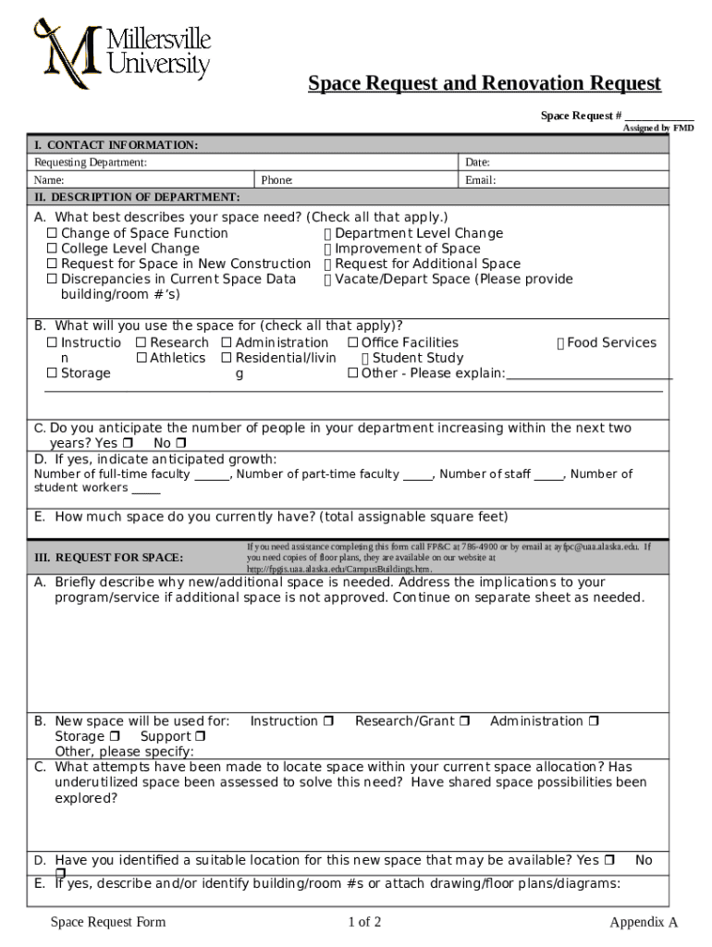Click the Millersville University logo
pos(123,53)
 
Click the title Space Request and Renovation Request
pos(485,84)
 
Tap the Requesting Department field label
pos(91,163)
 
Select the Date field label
pos(477,163)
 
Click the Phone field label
pos(276,180)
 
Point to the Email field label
pos(480,180)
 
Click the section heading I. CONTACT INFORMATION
pos(117,145)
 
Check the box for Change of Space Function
pos(53,234)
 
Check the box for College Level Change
pos(53,249)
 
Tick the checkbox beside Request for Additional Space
pos(328,264)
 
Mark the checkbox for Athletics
pos(141,358)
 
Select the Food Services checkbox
pos(560,343)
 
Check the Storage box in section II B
pos(53,374)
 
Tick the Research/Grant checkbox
pos(464,721)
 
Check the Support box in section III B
pos(200,737)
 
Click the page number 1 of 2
pos(364,922)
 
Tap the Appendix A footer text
pos(644,922)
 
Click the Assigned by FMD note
pos(657,129)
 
